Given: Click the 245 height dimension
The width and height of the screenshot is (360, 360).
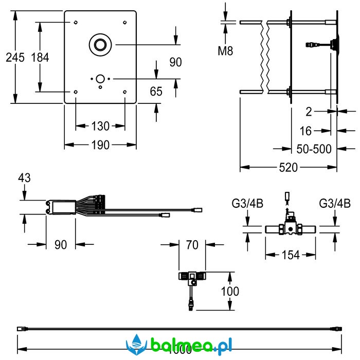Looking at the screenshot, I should [14, 58].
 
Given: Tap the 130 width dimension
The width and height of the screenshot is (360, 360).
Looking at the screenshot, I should [100, 126].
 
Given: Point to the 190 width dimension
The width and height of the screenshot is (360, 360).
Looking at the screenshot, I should [100, 145].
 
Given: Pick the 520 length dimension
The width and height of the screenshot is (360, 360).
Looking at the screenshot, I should [289, 167].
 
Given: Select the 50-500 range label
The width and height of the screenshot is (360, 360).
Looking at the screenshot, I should [314, 149].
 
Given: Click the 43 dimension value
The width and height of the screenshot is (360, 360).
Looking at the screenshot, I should [24, 178].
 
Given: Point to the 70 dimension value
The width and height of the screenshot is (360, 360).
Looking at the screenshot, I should [192, 245].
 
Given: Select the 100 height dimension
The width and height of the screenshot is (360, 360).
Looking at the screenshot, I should [229, 291].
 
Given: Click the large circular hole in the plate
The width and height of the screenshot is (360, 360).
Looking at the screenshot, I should [100, 44].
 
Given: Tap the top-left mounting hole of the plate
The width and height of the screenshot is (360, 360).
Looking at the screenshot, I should [76, 22].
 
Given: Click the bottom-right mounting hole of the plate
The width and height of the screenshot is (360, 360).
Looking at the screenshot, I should [125, 93].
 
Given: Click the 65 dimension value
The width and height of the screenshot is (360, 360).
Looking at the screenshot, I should [156, 92].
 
